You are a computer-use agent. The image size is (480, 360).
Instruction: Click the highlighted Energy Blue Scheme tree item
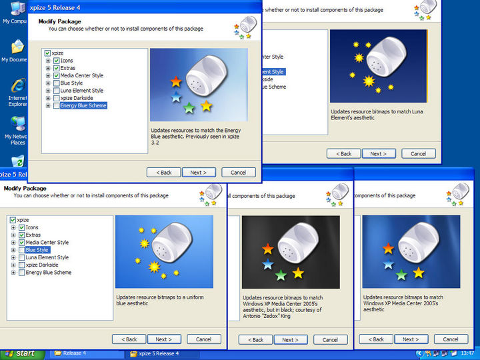tap(83, 105)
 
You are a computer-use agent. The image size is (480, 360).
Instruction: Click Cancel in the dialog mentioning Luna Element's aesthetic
tap(418, 153)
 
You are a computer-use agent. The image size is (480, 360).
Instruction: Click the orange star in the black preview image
tap(268, 249)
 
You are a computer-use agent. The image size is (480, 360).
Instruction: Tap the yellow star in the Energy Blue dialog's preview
tap(206, 106)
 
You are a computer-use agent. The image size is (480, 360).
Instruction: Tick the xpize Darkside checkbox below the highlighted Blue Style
tap(22, 265)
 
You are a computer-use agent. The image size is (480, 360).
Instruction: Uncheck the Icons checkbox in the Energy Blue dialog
tap(57, 61)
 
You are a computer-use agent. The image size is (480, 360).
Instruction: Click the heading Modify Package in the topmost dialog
tap(60, 21)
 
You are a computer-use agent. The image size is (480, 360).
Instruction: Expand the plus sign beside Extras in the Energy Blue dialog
tap(48, 68)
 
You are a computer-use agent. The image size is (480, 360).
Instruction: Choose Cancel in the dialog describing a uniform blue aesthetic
tap(203, 339)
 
